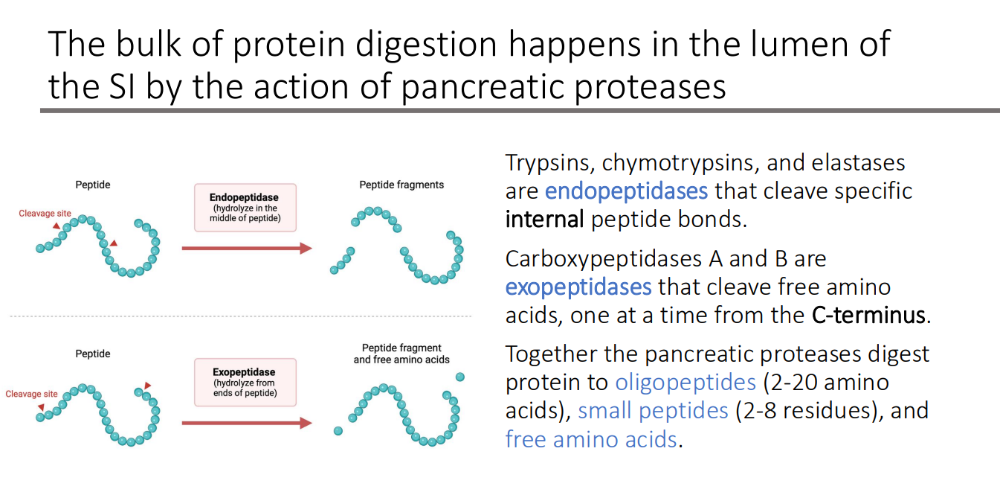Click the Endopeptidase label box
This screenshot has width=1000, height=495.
[x=245, y=208]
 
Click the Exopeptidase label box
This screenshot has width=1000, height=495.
[x=245, y=382]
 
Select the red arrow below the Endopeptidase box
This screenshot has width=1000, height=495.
[x=246, y=249]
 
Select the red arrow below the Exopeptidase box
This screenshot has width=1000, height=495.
[x=246, y=423]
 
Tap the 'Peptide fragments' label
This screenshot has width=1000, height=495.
[x=401, y=185]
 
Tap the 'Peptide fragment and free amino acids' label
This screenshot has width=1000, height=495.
[x=401, y=354]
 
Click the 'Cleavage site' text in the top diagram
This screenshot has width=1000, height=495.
[x=45, y=214]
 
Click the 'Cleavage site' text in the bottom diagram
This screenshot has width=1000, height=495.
[x=31, y=394]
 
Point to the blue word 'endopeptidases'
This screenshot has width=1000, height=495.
[x=626, y=191]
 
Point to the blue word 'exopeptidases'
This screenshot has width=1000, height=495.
[x=578, y=287]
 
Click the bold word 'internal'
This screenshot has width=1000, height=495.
[x=543, y=220]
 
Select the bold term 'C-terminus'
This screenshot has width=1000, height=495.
[x=868, y=316]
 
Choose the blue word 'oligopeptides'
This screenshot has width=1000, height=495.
[x=685, y=383]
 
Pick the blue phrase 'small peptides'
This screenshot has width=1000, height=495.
[x=653, y=411]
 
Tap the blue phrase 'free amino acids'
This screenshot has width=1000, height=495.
[x=591, y=439]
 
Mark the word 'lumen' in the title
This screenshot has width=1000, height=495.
[x=781, y=45]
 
